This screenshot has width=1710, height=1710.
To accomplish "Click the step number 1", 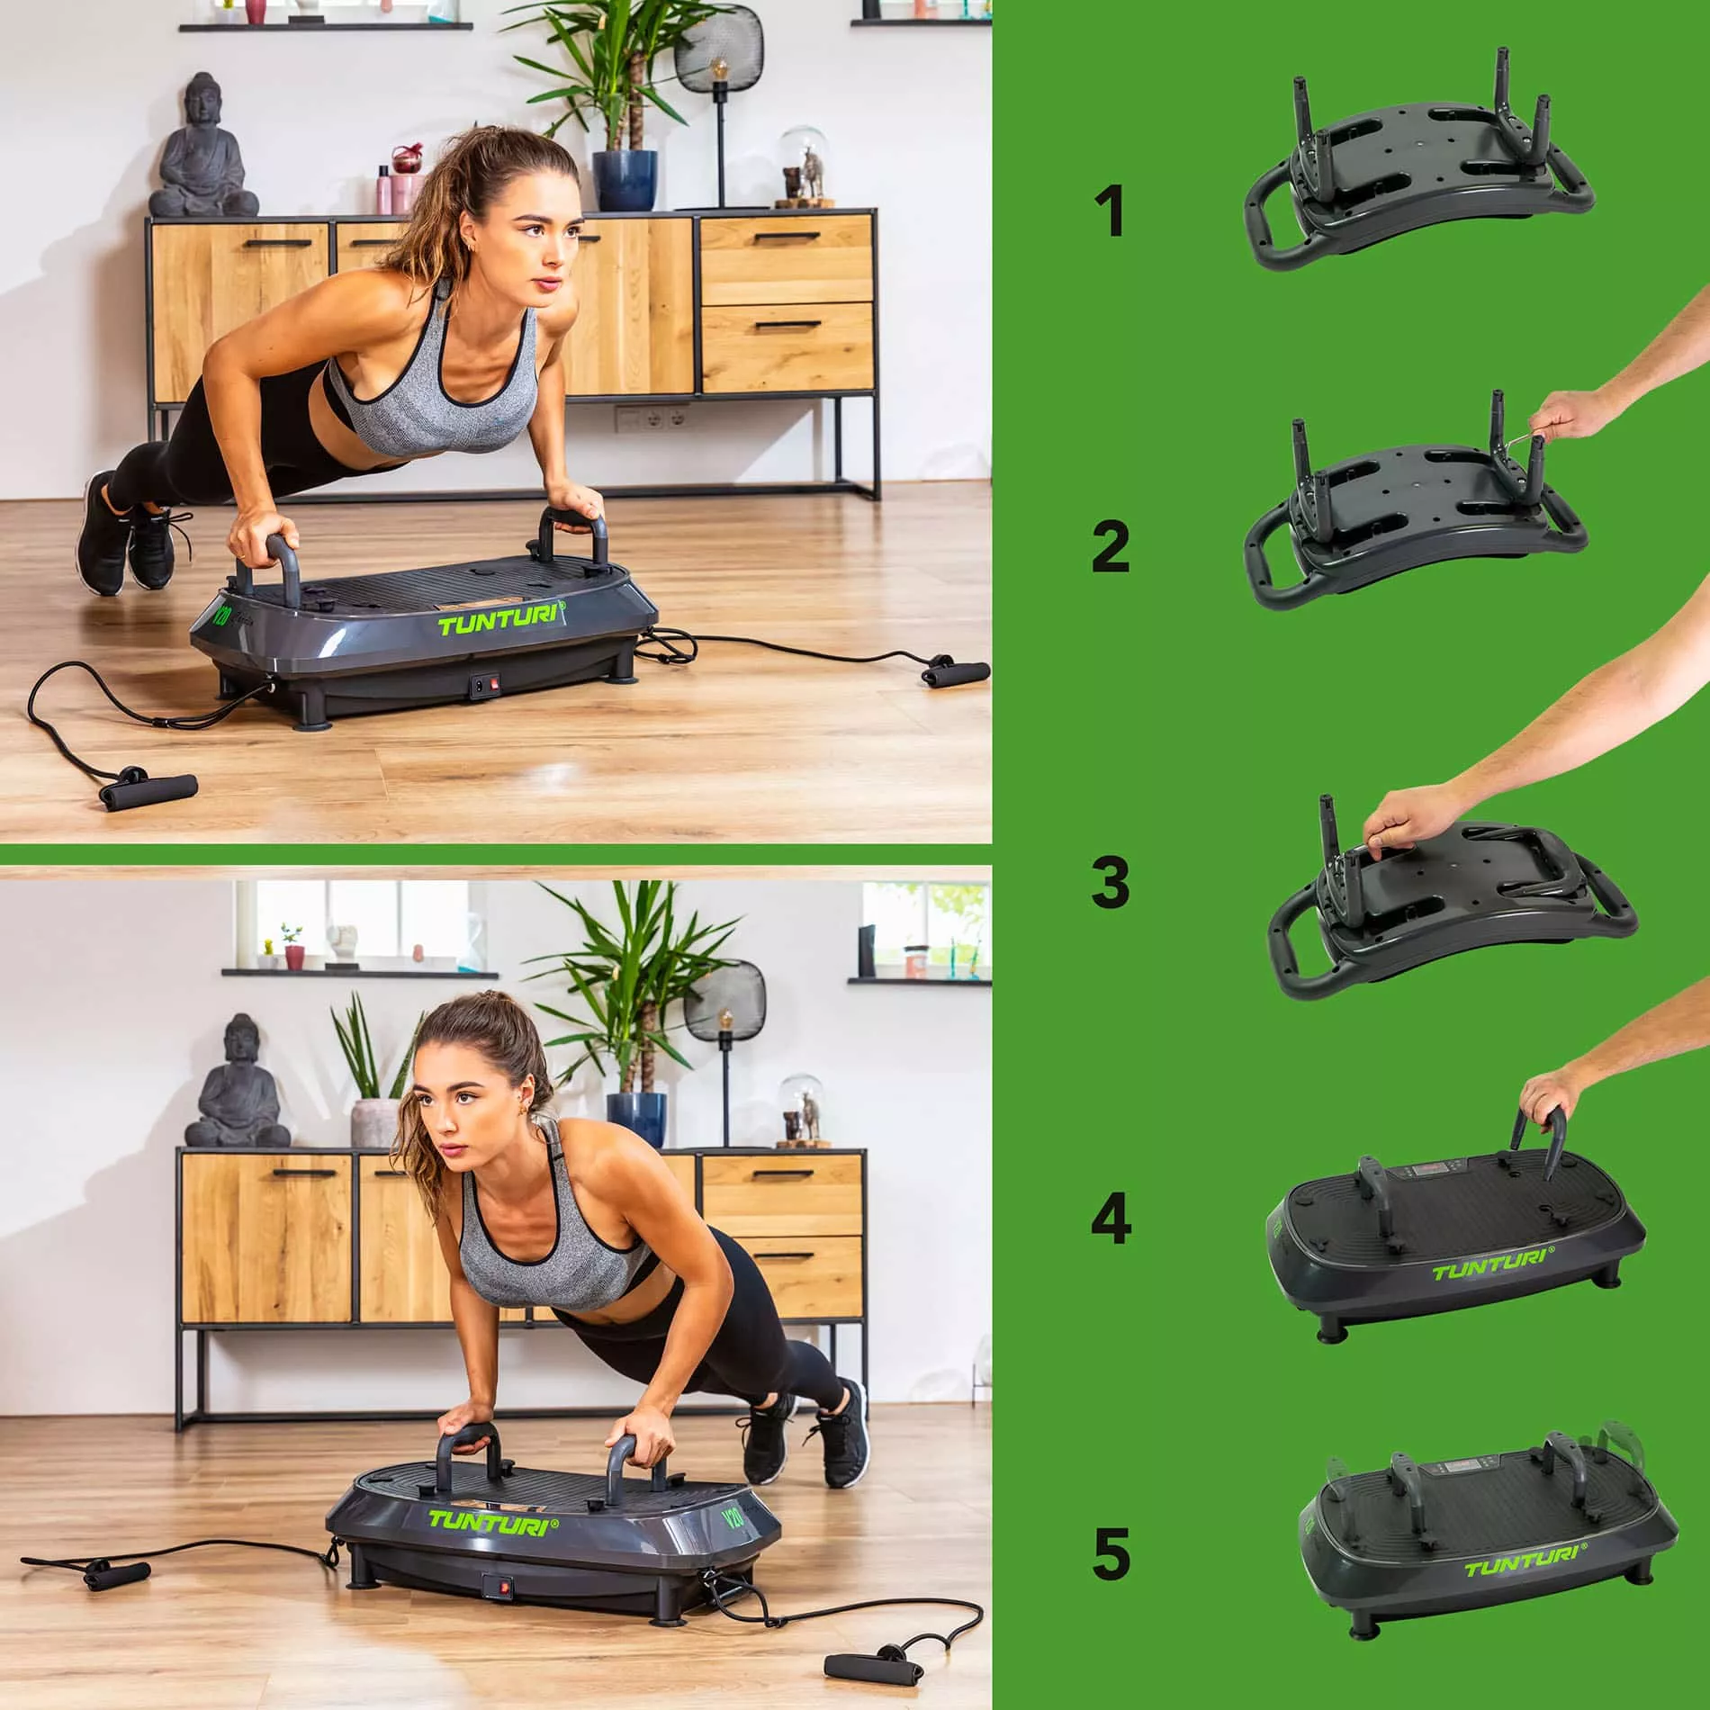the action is click(1113, 211).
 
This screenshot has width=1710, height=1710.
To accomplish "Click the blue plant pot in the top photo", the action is click(625, 180).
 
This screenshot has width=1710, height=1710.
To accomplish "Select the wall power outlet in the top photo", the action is click(652, 418).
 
